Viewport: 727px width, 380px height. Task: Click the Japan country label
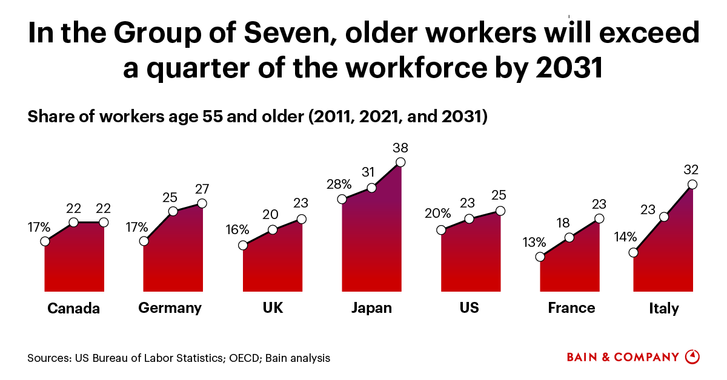coord(371,307)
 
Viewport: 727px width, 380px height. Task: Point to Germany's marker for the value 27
coord(202,203)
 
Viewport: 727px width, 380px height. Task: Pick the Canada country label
coord(73,309)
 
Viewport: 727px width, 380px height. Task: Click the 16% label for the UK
coord(237,230)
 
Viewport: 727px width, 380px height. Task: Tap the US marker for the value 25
coord(500,211)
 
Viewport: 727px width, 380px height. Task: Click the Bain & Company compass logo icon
coord(692,357)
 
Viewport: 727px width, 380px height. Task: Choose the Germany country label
coord(170,307)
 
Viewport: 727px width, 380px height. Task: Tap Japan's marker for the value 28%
coord(342,199)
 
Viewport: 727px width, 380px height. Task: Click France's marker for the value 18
coord(569,238)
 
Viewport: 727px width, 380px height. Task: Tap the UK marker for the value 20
coord(273,229)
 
